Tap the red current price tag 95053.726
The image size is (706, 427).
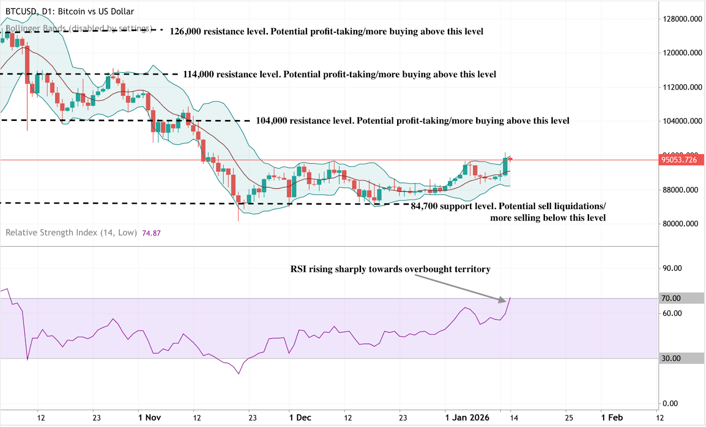tap(679, 160)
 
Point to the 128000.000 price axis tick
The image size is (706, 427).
tap(682, 19)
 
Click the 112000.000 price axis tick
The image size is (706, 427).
tap(682, 87)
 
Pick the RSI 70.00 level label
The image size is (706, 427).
tap(671, 298)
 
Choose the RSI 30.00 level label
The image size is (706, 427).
tap(671, 358)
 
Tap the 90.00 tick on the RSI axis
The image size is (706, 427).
tap(672, 268)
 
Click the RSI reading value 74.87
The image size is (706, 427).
tap(151, 233)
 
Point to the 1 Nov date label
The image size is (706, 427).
tap(150, 418)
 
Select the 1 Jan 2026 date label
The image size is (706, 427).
tap(467, 418)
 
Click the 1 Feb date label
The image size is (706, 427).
tap(612, 418)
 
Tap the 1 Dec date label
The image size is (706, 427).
tap(300, 418)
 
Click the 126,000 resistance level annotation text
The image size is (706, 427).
tap(326, 31)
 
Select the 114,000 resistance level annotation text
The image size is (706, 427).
tap(339, 74)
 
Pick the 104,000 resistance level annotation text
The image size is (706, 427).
tap(413, 120)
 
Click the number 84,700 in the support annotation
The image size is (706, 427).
tap(424, 206)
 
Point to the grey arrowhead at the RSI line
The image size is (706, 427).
tap(502, 300)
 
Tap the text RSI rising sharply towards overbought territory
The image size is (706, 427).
tap(390, 269)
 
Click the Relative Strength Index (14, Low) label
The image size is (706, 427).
tap(71, 232)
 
